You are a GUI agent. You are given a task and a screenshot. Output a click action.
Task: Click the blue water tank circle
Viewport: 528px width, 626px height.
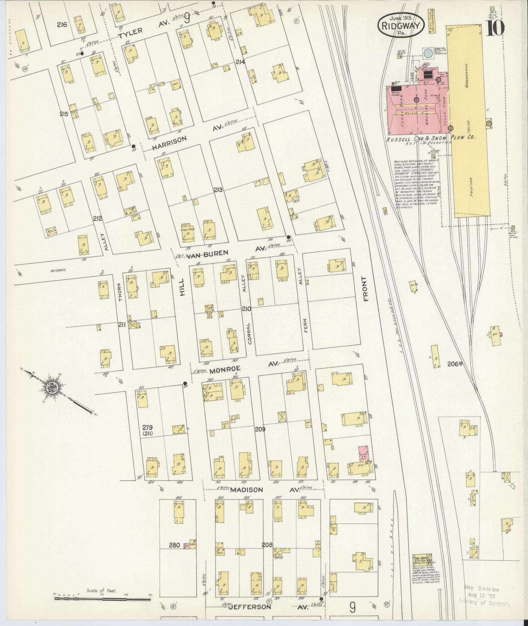coord(427,53)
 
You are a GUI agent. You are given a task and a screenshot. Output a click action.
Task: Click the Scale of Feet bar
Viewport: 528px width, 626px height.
coord(102,599)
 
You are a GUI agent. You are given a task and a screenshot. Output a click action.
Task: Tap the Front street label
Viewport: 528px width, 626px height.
coord(365,289)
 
